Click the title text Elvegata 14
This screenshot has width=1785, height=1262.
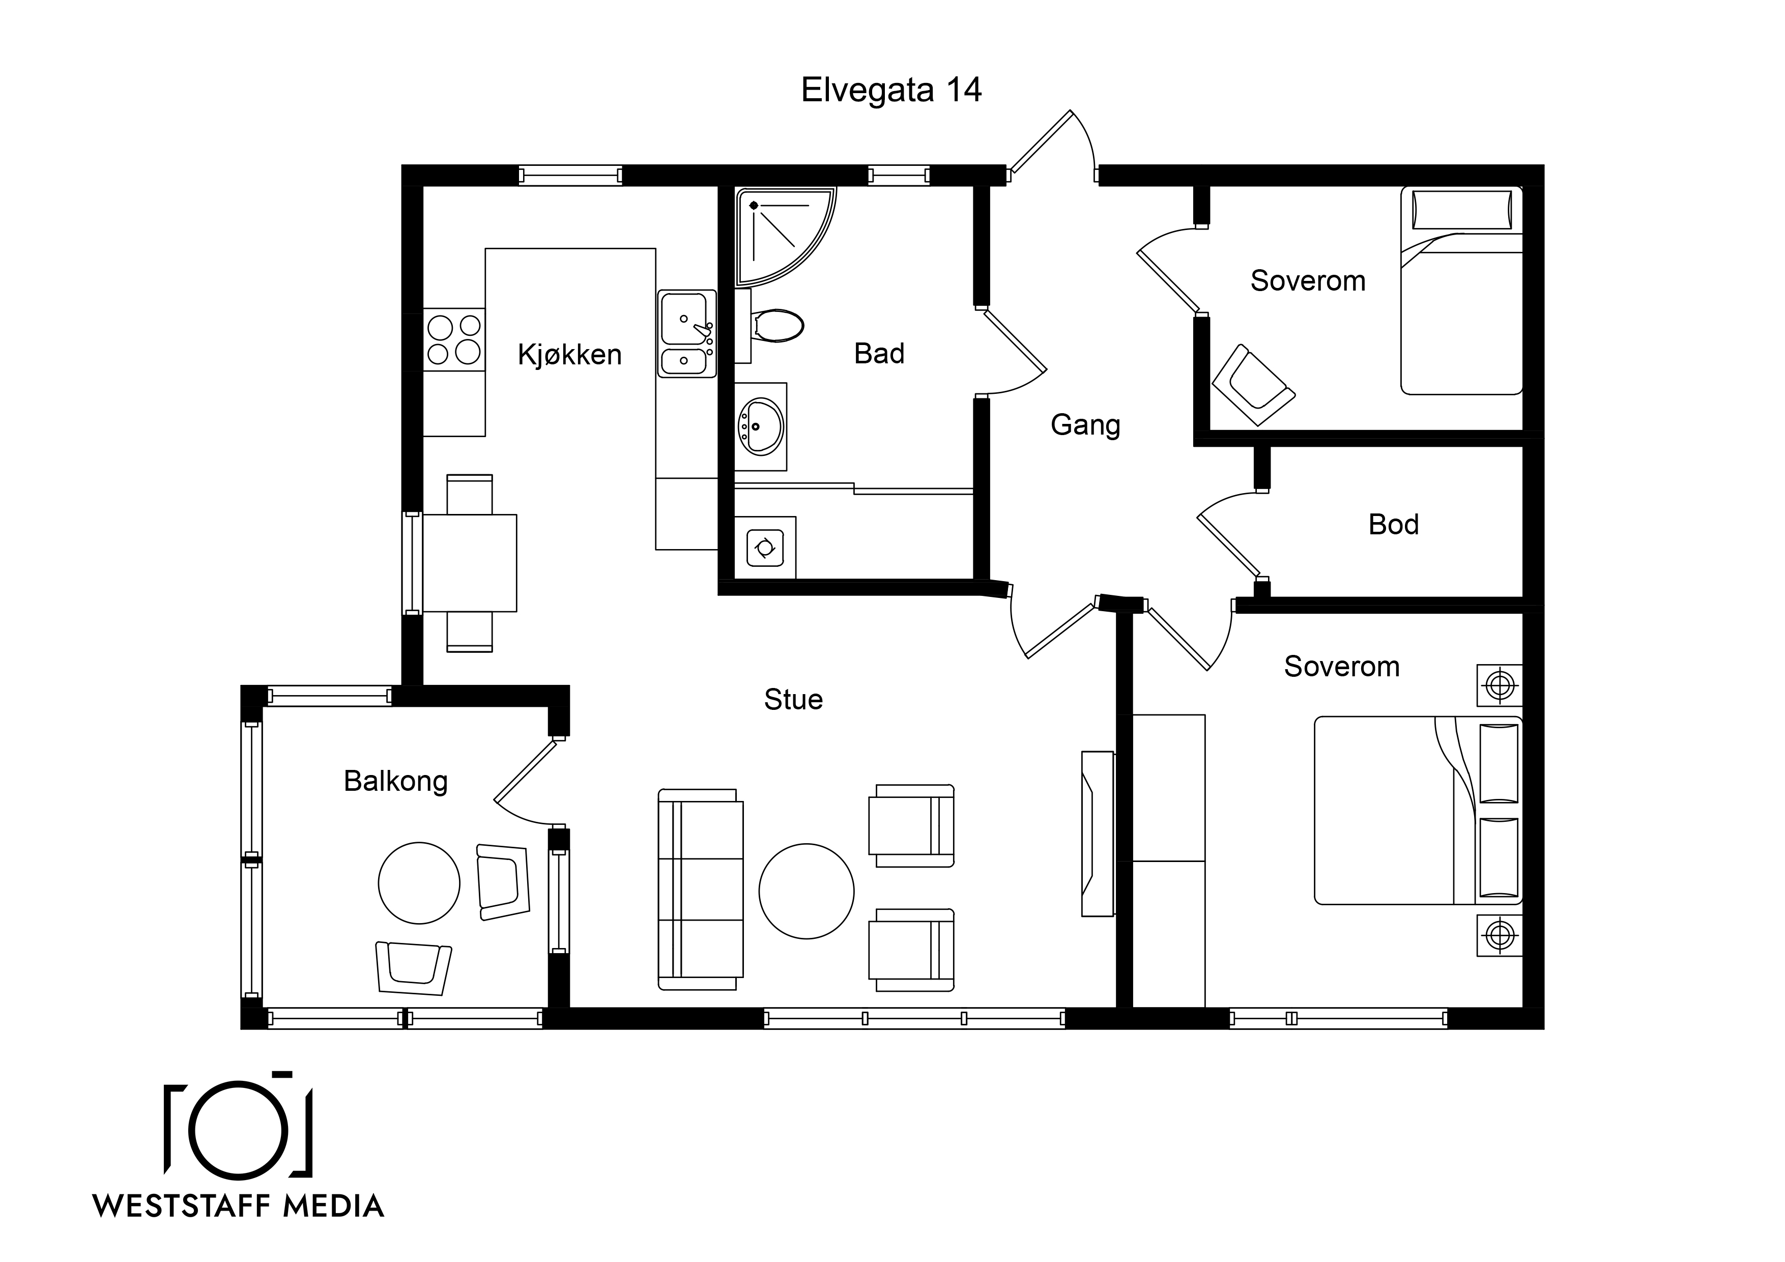891,90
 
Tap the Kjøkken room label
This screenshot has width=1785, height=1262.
570,355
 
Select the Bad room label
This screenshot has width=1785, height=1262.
879,354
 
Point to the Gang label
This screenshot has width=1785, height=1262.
1085,425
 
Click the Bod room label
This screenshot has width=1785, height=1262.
1393,525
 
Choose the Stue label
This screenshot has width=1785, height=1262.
793,700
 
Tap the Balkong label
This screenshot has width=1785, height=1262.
396,782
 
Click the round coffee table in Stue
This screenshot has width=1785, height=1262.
806,891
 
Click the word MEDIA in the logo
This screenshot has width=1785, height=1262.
333,1207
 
